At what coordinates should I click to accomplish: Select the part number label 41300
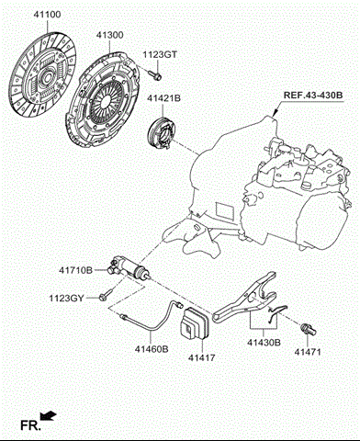point(109,35)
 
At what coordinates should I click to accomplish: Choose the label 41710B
point(76,271)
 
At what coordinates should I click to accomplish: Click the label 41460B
point(152,348)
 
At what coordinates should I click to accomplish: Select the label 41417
point(204,356)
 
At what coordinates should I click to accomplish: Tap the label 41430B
point(264,343)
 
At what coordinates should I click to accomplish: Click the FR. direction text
point(28,425)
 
